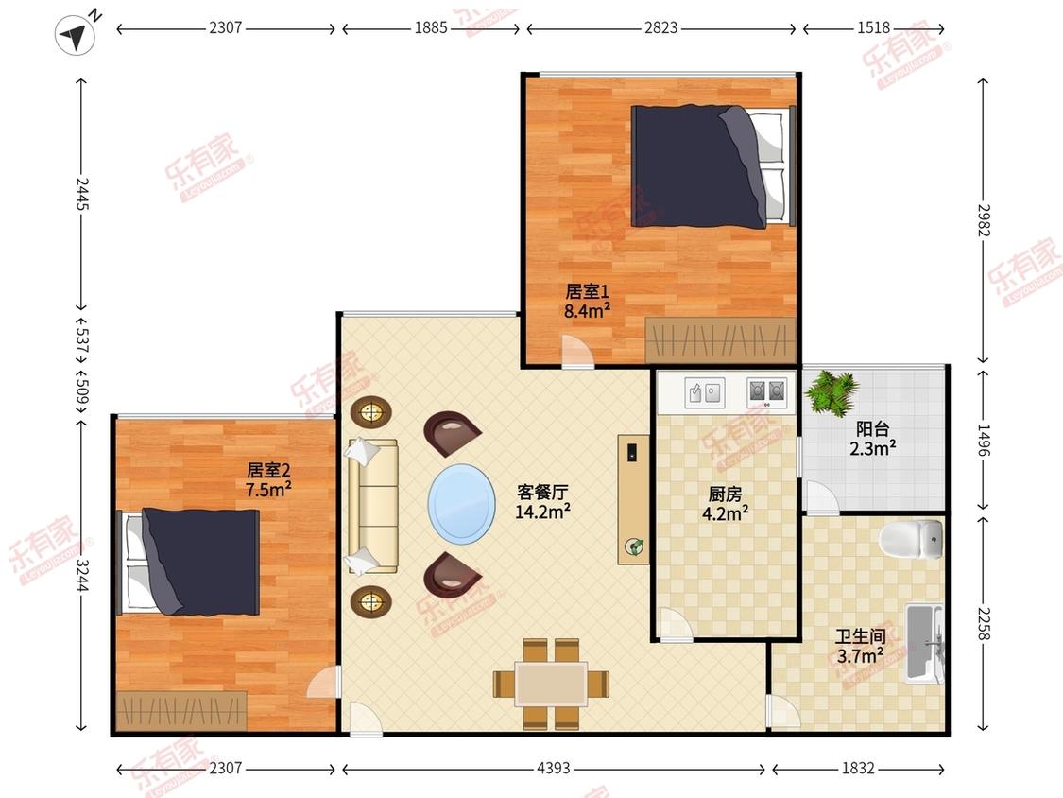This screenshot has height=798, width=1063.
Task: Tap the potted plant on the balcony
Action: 832,392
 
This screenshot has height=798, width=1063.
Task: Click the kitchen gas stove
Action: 766,391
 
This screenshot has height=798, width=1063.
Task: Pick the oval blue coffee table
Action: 462,504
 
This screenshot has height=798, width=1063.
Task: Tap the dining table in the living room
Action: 551,684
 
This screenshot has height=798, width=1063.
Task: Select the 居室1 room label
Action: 587,292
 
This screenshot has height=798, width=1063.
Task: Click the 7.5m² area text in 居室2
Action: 268,489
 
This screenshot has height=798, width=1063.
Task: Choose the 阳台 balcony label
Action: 872,429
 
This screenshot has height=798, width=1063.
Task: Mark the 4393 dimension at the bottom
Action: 553,768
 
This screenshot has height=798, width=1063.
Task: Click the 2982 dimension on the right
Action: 984,220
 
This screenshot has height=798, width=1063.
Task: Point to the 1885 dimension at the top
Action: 431,27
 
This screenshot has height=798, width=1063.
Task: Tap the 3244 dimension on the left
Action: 81,575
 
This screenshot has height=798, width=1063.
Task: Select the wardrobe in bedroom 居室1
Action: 720,340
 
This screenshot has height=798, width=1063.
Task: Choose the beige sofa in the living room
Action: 372,506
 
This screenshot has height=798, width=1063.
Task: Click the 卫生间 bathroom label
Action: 860,636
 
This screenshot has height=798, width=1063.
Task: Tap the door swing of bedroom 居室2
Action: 323,682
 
